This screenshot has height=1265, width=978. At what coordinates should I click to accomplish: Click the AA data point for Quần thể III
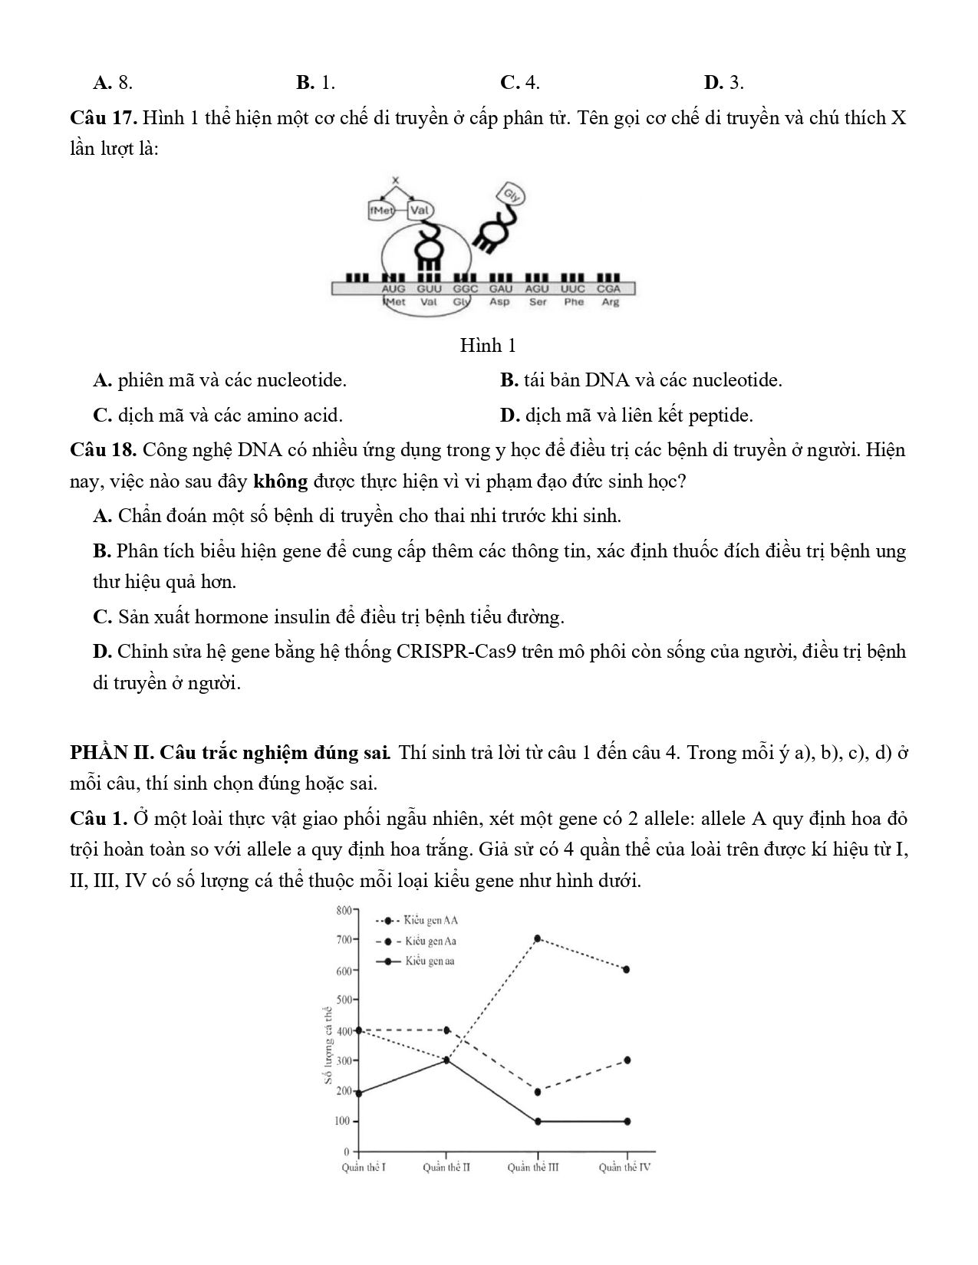[537, 938]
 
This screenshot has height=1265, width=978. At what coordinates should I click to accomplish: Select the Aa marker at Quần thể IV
[627, 1060]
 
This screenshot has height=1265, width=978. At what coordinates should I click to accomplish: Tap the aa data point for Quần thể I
[359, 1092]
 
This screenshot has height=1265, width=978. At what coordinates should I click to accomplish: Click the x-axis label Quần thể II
[446, 1168]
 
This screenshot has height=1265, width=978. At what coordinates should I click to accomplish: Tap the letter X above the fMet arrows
[396, 181]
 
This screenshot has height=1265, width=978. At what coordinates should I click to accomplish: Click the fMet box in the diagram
[381, 210]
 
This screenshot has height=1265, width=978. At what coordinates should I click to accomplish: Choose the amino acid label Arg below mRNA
[610, 302]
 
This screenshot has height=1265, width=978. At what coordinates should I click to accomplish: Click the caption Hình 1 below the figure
[487, 346]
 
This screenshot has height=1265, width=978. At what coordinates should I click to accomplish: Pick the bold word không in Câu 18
[280, 481]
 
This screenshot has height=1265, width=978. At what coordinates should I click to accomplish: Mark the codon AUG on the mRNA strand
[394, 289]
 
